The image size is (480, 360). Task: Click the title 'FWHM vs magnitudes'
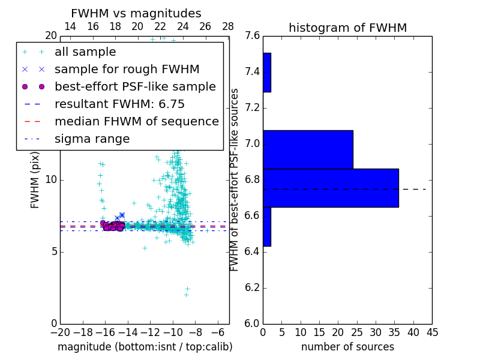tap(136, 14)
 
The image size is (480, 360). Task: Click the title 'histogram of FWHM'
tap(347, 28)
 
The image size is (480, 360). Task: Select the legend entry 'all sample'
tap(85, 52)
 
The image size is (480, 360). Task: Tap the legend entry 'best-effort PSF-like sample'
tap(135, 86)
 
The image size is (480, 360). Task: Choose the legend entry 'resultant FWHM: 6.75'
tap(119, 104)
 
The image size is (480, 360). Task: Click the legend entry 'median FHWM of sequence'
tap(136, 121)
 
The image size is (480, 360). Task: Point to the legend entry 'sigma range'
tap(92, 139)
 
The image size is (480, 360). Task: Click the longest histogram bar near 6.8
tap(331, 188)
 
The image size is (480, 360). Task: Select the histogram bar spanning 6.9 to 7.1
tap(308, 149)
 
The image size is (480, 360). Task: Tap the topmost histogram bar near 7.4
tap(267, 73)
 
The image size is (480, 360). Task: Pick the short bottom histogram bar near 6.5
tap(267, 227)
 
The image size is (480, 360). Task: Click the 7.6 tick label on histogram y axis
tap(253, 36)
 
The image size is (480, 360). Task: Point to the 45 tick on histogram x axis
tap(431, 332)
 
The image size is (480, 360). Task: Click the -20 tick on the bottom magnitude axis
tap(60, 332)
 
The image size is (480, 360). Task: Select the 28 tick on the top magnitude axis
tap(228, 26)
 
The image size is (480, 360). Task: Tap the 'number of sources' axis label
tap(347, 347)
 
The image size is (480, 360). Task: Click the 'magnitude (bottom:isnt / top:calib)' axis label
tap(145, 347)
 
